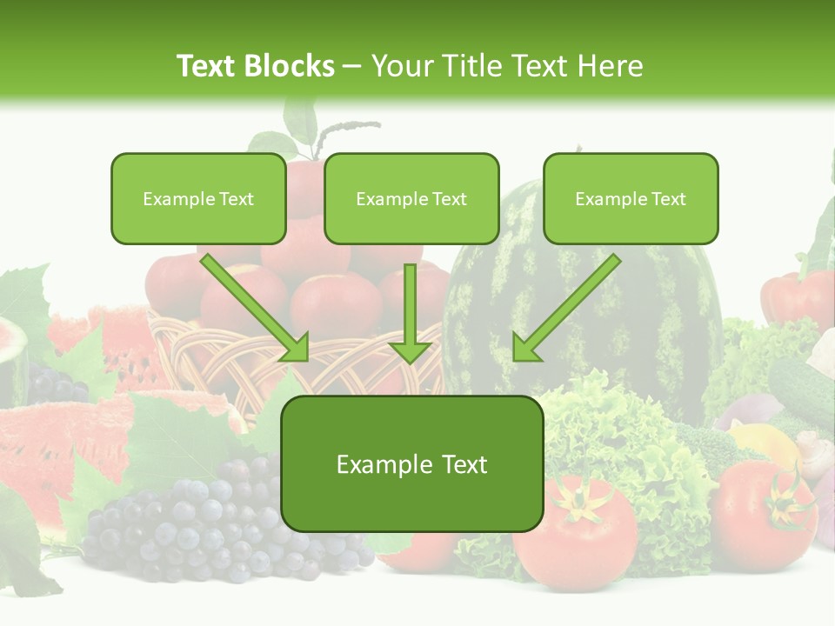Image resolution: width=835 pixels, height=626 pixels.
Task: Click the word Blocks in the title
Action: (291, 66)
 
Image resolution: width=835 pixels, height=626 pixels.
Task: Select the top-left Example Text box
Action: (198, 198)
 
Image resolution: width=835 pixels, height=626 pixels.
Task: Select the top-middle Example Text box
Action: (411, 198)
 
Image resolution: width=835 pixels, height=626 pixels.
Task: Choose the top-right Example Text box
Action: (631, 198)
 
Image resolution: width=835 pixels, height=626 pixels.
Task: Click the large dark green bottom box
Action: (411, 463)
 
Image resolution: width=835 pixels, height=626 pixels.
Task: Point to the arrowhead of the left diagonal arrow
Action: (296, 349)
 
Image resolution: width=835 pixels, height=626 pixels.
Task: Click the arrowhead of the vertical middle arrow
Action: (411, 350)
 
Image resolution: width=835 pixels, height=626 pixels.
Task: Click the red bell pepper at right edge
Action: (796, 300)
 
